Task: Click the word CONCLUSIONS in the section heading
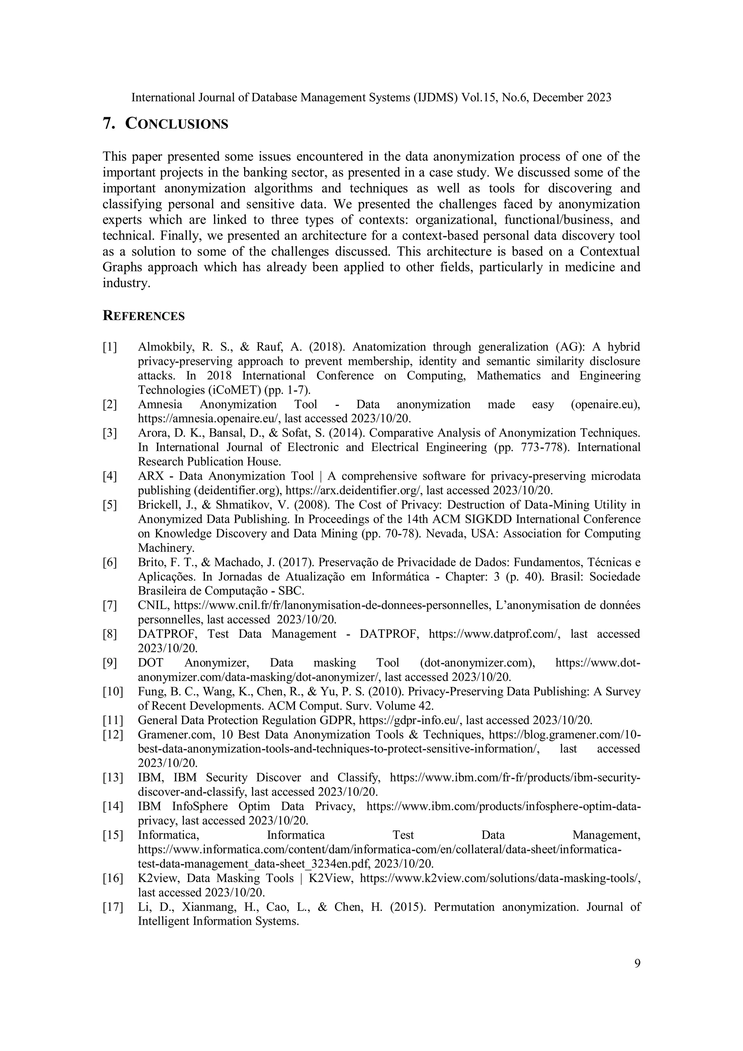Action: point(176,124)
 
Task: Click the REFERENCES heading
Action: point(143,316)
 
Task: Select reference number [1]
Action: point(110,347)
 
